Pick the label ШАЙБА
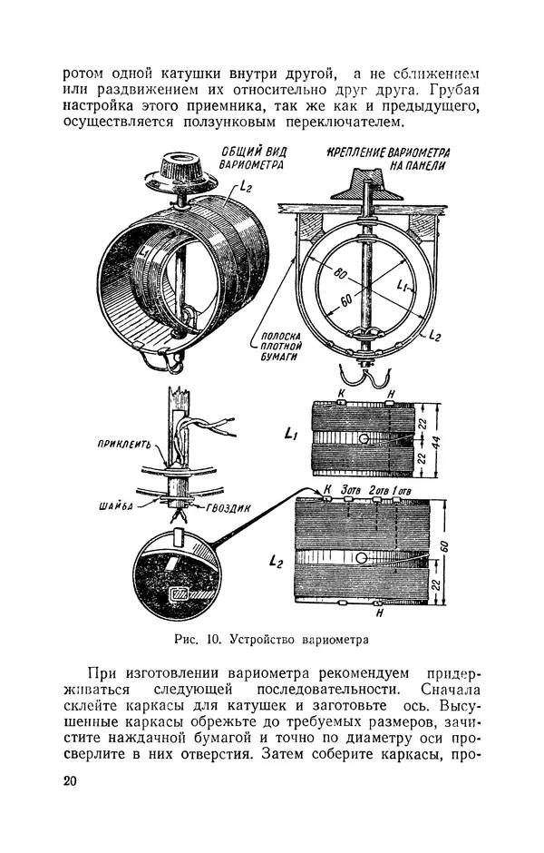tap(120, 506)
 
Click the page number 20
tap(72, 782)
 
